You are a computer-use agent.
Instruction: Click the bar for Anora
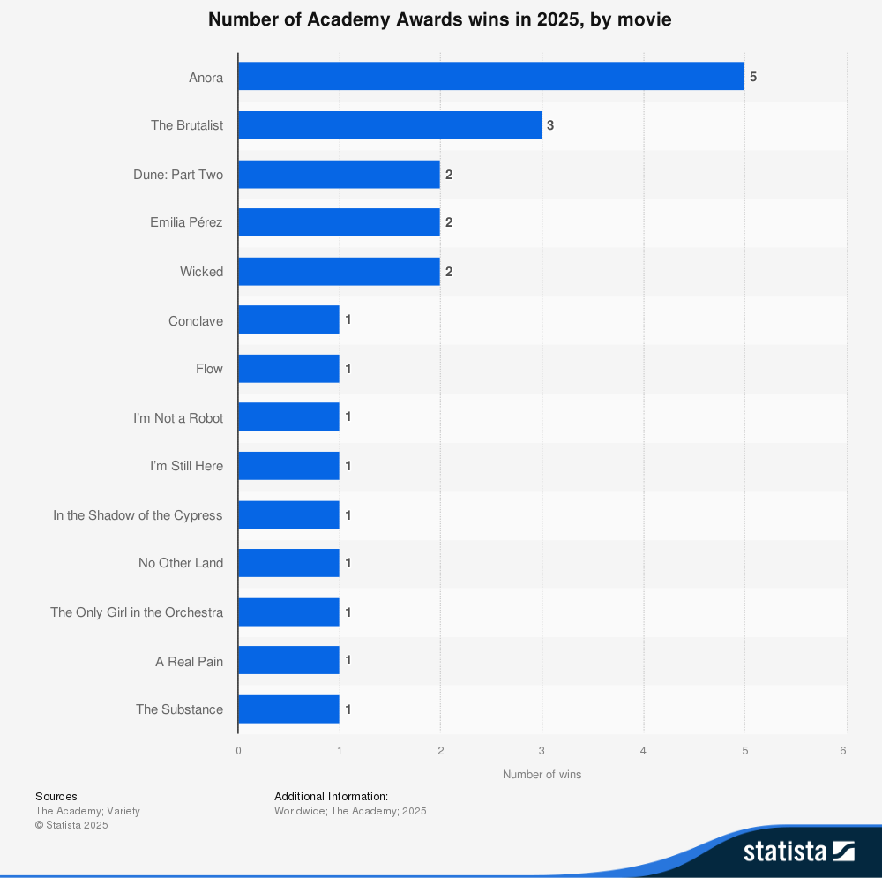490,77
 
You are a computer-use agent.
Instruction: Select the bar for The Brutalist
390,125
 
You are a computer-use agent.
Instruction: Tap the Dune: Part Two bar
339,175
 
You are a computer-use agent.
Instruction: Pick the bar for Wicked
339,272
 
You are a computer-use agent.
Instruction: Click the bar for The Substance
288,709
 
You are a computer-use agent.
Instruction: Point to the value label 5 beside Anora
753,77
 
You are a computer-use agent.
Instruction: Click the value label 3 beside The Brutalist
550,125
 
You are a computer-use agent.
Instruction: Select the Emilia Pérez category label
186,223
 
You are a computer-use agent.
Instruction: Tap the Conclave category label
196,321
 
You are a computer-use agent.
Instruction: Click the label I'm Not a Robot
178,418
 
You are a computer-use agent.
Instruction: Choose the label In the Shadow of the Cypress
138,515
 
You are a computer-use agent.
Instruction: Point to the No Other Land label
181,563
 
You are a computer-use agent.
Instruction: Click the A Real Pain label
189,661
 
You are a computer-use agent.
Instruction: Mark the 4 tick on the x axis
643,751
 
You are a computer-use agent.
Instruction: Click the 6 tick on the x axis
843,751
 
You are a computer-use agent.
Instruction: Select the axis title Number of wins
542,775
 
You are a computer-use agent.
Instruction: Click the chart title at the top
440,19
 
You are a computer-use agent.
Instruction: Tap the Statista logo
798,851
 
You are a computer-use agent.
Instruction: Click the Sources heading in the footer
56,797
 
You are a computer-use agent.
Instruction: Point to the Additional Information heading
331,797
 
